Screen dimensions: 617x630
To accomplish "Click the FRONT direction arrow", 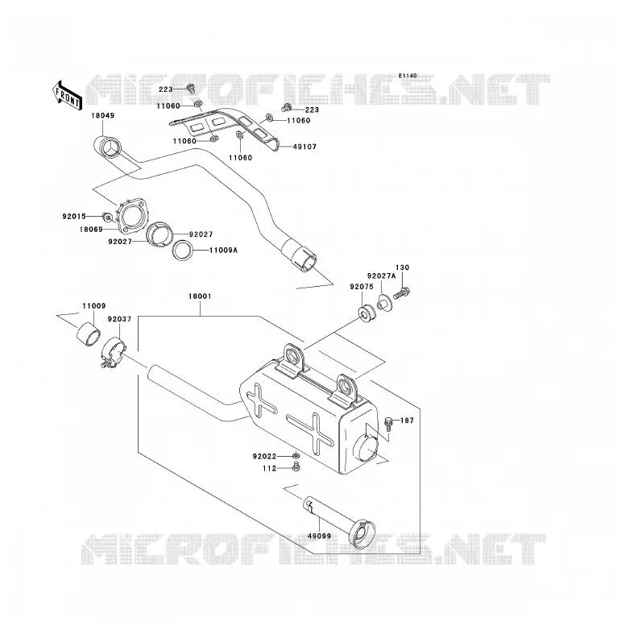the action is click(x=67, y=96).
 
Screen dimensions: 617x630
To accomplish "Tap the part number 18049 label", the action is click(x=103, y=116).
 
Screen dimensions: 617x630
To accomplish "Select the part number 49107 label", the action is click(x=305, y=147).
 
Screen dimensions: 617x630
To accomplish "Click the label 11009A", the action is click(x=223, y=251).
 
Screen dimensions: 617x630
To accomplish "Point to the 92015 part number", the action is click(x=74, y=217).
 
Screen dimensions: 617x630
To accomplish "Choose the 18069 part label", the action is click(x=91, y=230).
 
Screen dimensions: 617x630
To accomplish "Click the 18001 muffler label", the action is click(x=200, y=296).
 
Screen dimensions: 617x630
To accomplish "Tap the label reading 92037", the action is click(x=120, y=319).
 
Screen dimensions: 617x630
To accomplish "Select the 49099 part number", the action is click(x=319, y=536).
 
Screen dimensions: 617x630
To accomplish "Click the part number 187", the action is click(x=407, y=421).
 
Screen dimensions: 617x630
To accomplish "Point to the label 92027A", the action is click(x=382, y=276).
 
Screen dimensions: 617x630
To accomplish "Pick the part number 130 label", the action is click(x=403, y=267).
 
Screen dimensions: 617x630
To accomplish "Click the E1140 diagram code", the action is click(x=408, y=76).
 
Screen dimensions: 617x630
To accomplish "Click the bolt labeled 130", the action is click(x=401, y=292).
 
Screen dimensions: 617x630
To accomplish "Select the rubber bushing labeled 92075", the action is click(x=366, y=313).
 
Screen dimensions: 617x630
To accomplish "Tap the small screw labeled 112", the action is click(x=296, y=467).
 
